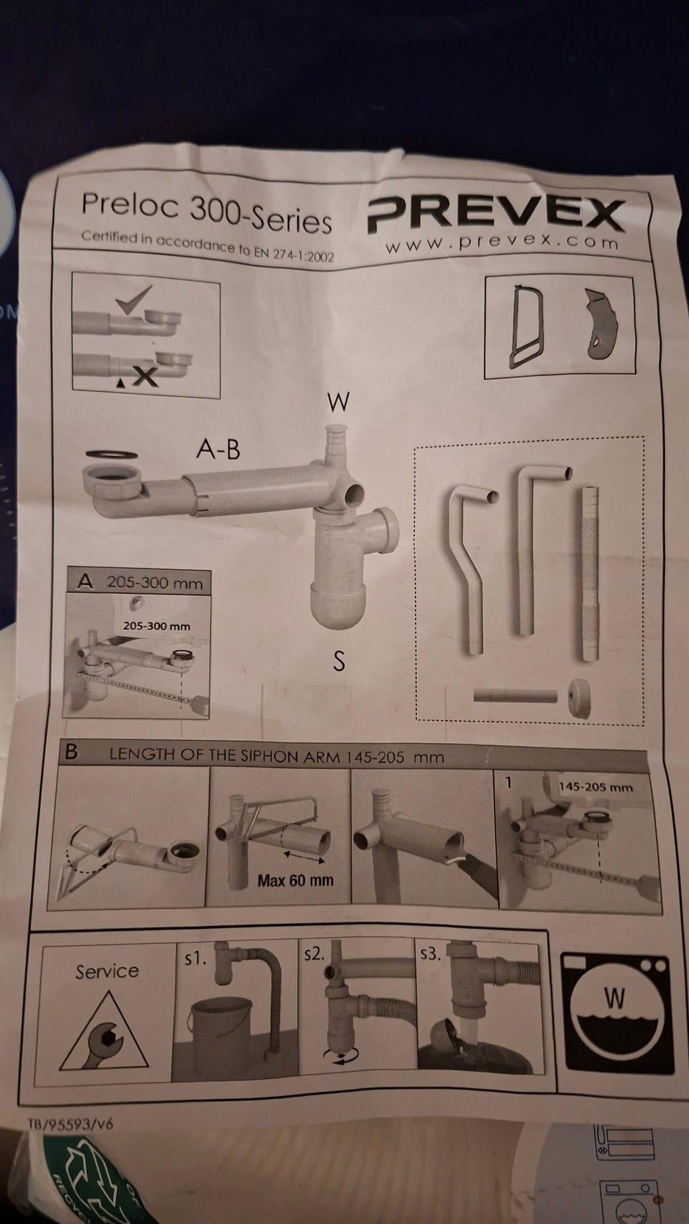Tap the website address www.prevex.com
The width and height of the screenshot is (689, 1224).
pyautogui.click(x=502, y=243)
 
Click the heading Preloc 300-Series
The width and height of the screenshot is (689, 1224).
pyautogui.click(x=207, y=212)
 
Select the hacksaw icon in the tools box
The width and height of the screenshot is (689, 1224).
pyautogui.click(x=524, y=326)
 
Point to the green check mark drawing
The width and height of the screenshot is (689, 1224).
pyautogui.click(x=133, y=299)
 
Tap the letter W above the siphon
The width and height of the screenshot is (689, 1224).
pyautogui.click(x=338, y=402)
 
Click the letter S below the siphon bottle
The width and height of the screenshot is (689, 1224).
pyautogui.click(x=339, y=661)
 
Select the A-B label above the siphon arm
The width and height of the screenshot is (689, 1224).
pyautogui.click(x=218, y=449)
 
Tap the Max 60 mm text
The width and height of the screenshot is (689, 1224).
pyautogui.click(x=296, y=880)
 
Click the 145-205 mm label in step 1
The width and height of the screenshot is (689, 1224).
pyautogui.click(x=596, y=788)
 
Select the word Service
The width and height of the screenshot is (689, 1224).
pyautogui.click(x=107, y=971)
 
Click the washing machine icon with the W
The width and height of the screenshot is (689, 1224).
pyautogui.click(x=616, y=1014)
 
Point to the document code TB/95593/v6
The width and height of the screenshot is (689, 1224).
pyautogui.click(x=70, y=1123)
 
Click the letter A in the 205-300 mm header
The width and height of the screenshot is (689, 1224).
pyautogui.click(x=85, y=581)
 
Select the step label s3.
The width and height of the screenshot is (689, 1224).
pyautogui.click(x=431, y=954)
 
